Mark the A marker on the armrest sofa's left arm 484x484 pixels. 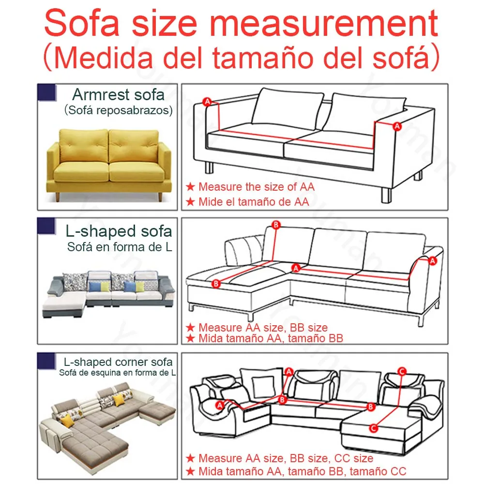pos(208,102)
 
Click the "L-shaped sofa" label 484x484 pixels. pos(119,231)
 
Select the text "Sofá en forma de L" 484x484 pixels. pos(120,247)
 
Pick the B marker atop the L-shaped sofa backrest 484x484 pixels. pos(276,225)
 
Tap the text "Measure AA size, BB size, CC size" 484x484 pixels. pos(286,458)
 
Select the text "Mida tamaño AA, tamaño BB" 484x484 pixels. pos(271,338)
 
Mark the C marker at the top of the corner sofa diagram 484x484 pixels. pos(401,371)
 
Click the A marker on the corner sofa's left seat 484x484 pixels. pos(219,404)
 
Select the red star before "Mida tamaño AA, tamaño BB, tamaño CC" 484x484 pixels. pos(191,471)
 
